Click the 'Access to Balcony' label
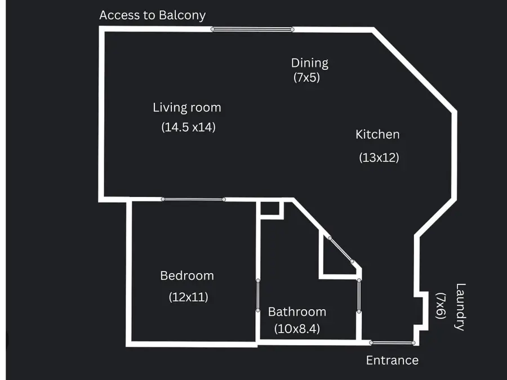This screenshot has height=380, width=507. [x=152, y=15]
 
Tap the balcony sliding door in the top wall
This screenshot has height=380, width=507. [x=252, y=29]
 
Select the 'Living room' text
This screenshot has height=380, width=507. [x=187, y=108]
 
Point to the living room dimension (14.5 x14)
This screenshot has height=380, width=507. [x=189, y=127]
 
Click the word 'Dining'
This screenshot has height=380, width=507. [x=310, y=63]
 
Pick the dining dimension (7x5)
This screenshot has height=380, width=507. [x=306, y=77]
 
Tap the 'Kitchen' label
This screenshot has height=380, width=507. [x=377, y=135]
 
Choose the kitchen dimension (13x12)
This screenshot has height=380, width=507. [x=379, y=158]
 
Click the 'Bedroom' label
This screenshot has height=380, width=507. [x=187, y=276]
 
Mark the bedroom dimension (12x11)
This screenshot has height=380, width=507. [x=189, y=297]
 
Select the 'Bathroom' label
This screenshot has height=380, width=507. [x=297, y=312]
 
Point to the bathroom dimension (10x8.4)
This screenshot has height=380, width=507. [x=297, y=329]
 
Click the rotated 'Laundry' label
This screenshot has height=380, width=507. [x=460, y=307]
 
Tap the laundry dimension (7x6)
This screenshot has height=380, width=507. [x=441, y=306]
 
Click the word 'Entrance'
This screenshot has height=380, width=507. [x=392, y=360]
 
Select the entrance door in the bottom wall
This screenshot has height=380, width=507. [x=392, y=343]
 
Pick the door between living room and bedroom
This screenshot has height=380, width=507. [x=193, y=199]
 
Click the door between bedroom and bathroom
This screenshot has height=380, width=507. [x=257, y=296]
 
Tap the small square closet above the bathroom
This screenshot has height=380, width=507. [x=270, y=209]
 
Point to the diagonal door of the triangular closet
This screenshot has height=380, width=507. [x=341, y=250]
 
